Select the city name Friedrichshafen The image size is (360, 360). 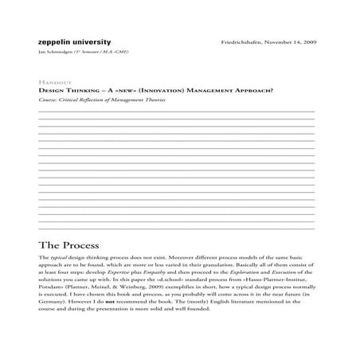point(245,41)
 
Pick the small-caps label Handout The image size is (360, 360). point(53,82)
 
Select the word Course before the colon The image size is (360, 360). point(47,99)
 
